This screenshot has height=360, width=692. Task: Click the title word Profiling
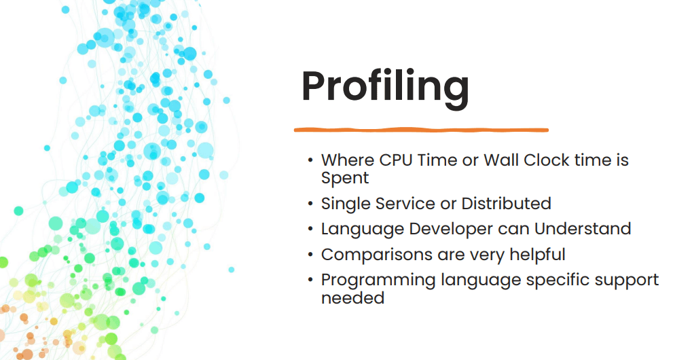385,87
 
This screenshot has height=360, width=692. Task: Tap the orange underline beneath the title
420,129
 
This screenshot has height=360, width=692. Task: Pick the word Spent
345,178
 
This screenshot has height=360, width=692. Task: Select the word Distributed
506,203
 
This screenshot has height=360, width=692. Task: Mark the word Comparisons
376,255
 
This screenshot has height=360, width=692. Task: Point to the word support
625,281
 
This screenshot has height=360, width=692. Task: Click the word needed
352,298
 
